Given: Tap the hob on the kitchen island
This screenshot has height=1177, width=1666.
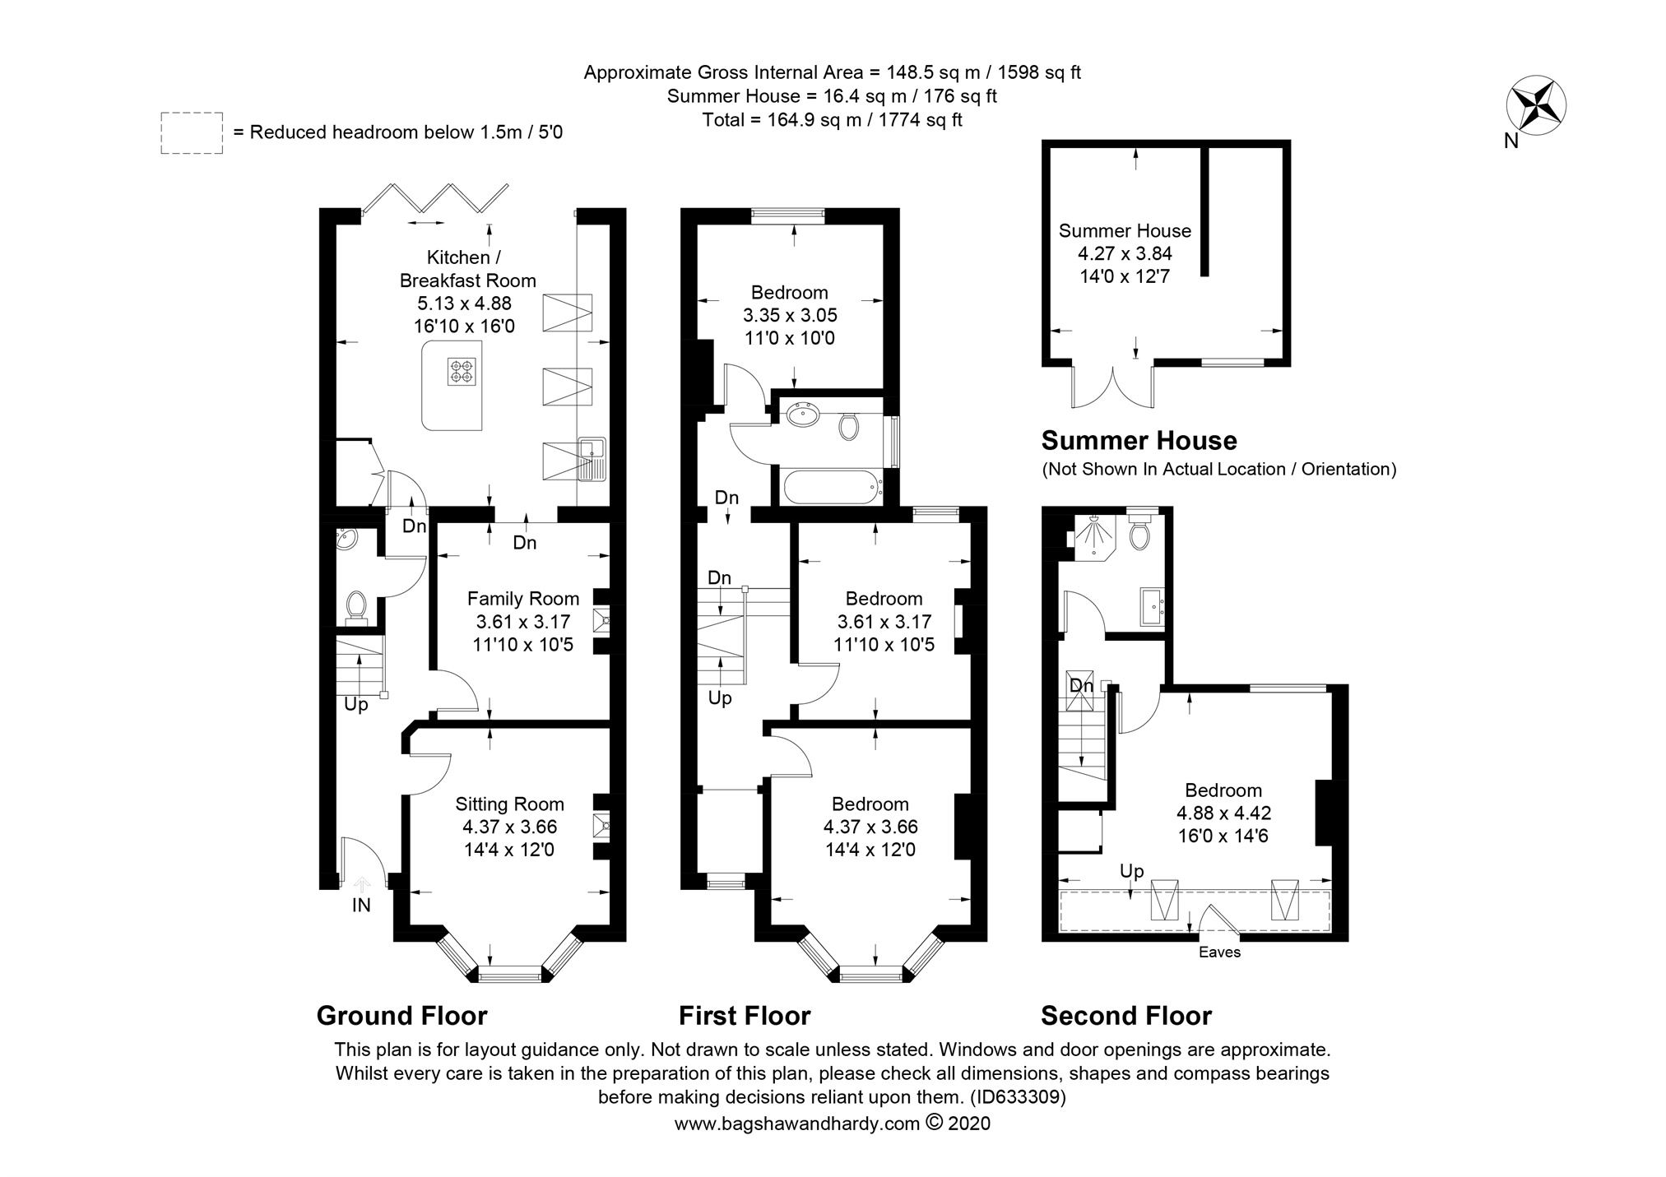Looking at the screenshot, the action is (x=462, y=371).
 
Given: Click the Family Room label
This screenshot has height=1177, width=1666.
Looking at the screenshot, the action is (x=523, y=599).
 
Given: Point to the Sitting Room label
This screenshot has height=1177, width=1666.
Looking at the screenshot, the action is (x=510, y=804).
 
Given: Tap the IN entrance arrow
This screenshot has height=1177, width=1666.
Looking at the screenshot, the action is (x=361, y=886).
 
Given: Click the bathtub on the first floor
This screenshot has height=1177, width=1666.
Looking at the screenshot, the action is (x=833, y=487).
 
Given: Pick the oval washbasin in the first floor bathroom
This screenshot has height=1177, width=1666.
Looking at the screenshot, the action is (x=801, y=415).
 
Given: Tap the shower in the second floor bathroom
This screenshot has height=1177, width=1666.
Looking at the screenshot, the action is (x=1093, y=538).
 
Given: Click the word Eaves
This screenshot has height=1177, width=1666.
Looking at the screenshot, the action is (x=1219, y=952).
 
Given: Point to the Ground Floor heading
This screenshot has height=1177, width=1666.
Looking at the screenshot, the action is (x=402, y=1016).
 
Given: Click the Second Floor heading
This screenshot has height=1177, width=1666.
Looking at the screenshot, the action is (x=1126, y=1016).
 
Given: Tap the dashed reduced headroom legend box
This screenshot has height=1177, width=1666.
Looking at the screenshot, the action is (x=192, y=132).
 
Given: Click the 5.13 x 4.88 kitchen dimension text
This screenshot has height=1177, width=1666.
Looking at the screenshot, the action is (x=465, y=304).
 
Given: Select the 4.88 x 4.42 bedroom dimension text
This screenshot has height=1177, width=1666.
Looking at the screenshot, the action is (x=1223, y=813).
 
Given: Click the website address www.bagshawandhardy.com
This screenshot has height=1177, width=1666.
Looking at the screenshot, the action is (x=797, y=1124).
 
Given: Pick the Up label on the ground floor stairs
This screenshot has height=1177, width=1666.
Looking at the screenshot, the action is (x=356, y=705).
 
